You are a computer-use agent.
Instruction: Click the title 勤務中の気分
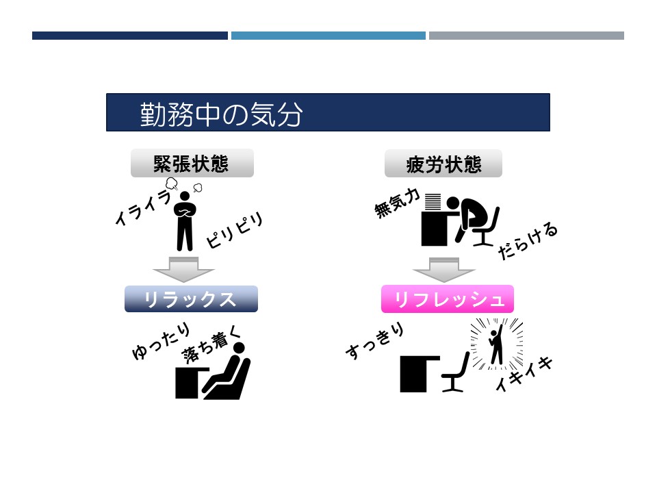click(x=221, y=114)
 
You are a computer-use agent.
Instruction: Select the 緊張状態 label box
click(x=192, y=163)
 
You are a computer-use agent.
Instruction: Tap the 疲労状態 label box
click(x=443, y=164)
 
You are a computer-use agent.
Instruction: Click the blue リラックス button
click(x=191, y=299)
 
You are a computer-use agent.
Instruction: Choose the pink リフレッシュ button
click(x=448, y=299)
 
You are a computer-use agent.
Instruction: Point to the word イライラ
click(x=143, y=207)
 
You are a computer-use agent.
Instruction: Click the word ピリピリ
click(x=235, y=230)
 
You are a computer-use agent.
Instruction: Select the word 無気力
click(x=397, y=203)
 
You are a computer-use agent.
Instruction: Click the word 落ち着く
click(x=212, y=345)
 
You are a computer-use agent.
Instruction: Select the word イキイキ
click(x=524, y=374)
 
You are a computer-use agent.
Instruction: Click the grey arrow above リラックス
click(x=184, y=270)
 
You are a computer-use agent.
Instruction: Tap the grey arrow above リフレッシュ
click(x=444, y=270)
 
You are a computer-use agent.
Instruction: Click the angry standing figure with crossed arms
click(x=185, y=221)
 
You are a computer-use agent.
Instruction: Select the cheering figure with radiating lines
click(x=497, y=344)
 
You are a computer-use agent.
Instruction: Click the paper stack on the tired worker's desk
click(x=433, y=201)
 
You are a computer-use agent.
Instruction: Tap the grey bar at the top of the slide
click(x=526, y=36)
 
